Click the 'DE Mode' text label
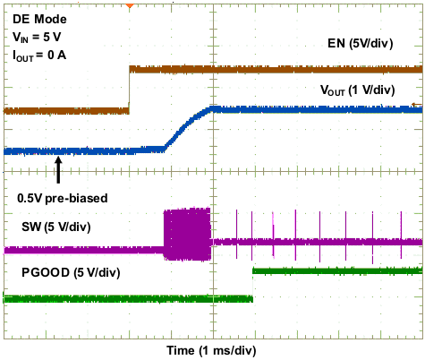click(40, 18)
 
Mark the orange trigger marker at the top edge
click(130, 5)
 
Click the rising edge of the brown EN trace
click(130, 90)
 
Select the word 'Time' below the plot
click(182, 347)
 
